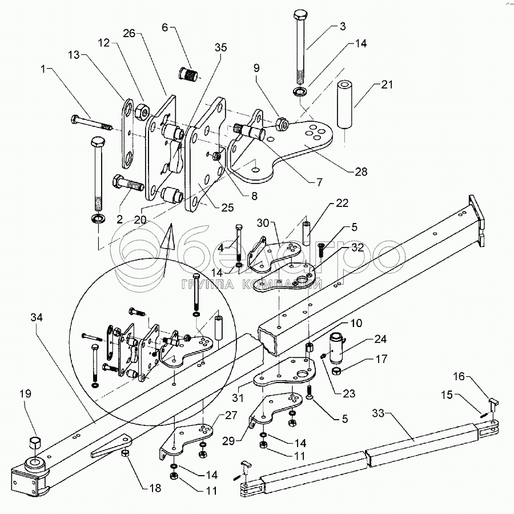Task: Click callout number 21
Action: pos(387,85)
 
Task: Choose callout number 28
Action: pos(360,171)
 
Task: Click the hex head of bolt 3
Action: pos(301,15)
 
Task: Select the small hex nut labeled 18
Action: pos(125,453)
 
